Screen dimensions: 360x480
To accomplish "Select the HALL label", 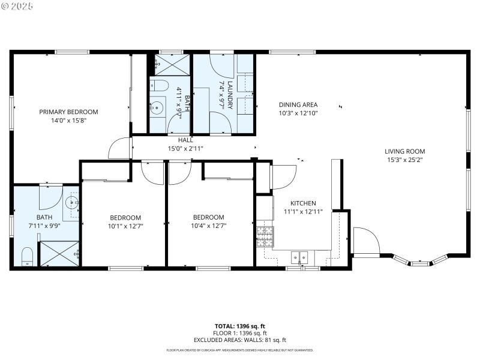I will click(x=185, y=140).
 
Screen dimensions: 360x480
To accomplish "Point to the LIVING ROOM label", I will click(x=404, y=151).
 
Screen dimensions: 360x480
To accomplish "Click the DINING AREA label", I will click(x=298, y=104).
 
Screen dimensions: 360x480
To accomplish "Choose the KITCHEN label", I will click(x=303, y=203).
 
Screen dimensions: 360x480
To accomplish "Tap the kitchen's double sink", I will click(x=299, y=258).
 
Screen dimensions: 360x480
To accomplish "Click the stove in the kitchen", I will click(x=265, y=236).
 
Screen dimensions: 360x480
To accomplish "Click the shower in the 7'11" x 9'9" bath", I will click(x=59, y=253).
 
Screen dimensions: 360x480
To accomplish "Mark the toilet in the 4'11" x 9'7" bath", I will click(x=159, y=85).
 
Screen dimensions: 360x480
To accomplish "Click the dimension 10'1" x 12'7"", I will click(x=125, y=226).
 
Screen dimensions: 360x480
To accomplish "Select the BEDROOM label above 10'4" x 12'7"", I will click(x=208, y=217).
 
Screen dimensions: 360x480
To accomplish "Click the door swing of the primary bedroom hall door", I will click(x=120, y=148).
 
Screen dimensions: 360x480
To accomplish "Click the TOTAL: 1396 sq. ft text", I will click(x=239, y=326).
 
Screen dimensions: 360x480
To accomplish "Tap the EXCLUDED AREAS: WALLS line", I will click(x=239, y=340).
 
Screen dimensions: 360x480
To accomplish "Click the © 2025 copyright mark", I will click(x=17, y=6).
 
